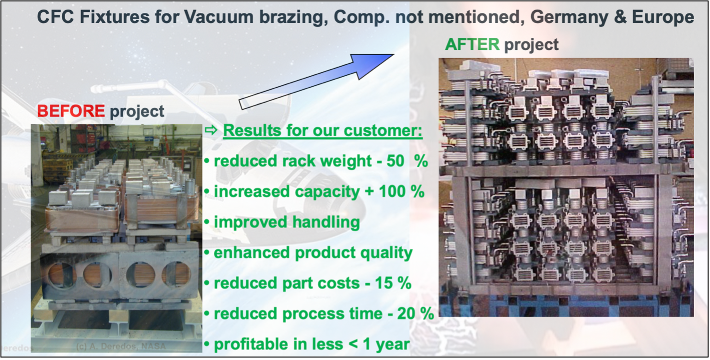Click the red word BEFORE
coord(70,111)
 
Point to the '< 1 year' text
coord(379,344)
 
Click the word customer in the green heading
coord(384,131)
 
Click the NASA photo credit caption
coord(121,346)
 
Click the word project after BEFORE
coord(137,111)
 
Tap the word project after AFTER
coord(532,45)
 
